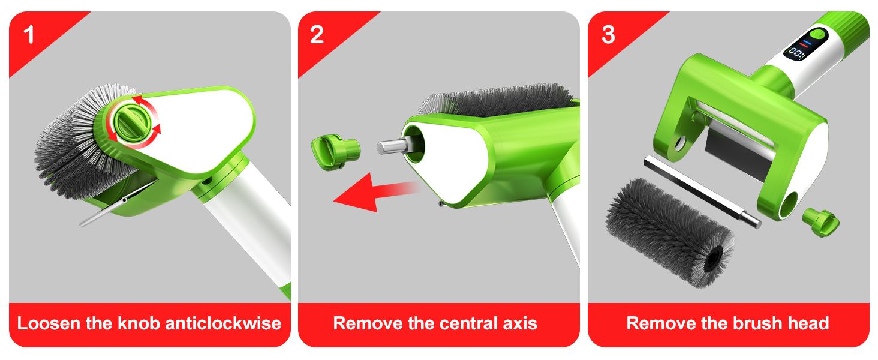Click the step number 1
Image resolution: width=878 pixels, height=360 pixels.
point(29,35)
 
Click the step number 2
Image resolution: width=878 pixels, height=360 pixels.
point(317,35)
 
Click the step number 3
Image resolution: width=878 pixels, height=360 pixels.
point(608,35)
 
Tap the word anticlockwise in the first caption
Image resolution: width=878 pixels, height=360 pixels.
point(223,323)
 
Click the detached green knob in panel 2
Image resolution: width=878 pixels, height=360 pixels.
point(335,152)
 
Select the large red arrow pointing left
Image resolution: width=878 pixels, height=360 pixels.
point(376,193)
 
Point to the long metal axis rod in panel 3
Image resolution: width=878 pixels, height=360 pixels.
point(702,192)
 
